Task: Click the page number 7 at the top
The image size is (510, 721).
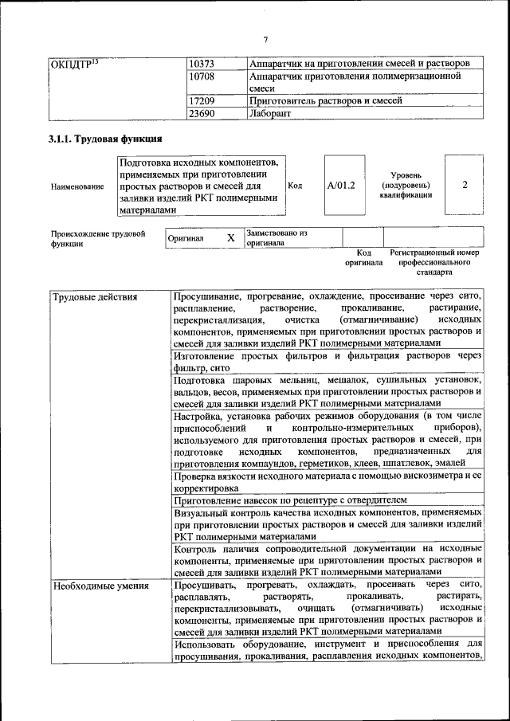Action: pyautogui.click(x=265, y=40)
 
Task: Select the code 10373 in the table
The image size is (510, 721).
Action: pyautogui.click(x=202, y=63)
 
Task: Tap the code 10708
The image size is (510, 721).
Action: pyautogui.click(x=202, y=76)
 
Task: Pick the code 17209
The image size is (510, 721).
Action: pyautogui.click(x=202, y=102)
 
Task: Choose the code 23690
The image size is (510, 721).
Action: pyautogui.click(x=202, y=114)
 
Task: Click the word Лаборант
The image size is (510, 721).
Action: pyautogui.click(x=270, y=114)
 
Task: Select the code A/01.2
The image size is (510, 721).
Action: pyautogui.click(x=341, y=186)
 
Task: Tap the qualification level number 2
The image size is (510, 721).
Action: pyautogui.click(x=465, y=185)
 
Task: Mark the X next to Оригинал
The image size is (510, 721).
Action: pyautogui.click(x=230, y=237)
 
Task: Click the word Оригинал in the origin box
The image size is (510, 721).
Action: pyautogui.click(x=186, y=238)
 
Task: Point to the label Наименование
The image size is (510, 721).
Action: pyautogui.click(x=77, y=186)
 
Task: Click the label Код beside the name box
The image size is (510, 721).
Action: pyautogui.click(x=295, y=186)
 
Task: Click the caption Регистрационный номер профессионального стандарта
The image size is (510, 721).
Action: pyautogui.click(x=434, y=261)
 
